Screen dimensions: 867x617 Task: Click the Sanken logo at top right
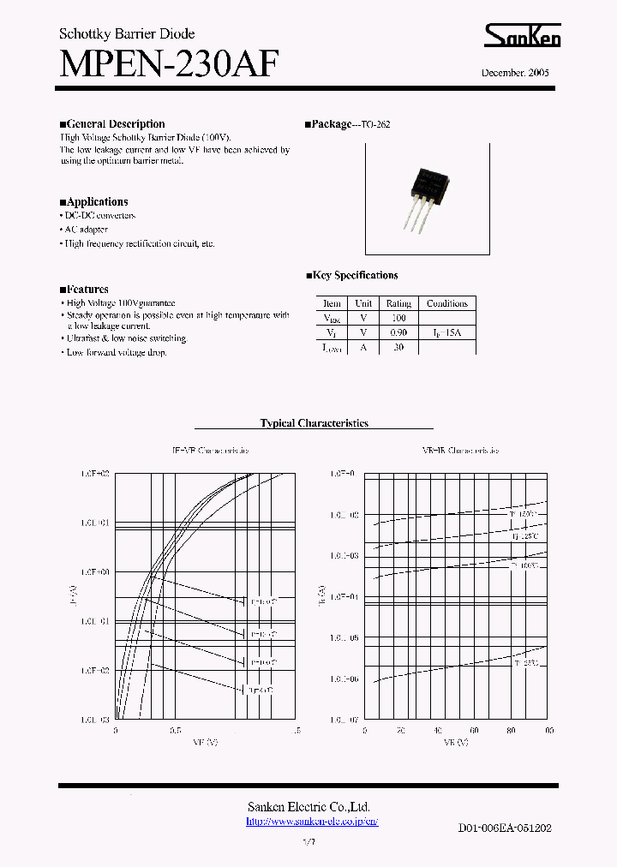pyautogui.click(x=523, y=36)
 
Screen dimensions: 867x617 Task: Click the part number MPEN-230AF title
pyautogui.click(x=169, y=64)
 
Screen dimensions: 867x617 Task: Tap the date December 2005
pyautogui.click(x=515, y=73)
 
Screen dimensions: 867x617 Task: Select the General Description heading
pyautogui.click(x=115, y=124)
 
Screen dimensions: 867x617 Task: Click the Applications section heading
pyautogui.click(x=97, y=202)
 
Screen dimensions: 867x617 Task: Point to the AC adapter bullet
pyautogui.click(x=86, y=230)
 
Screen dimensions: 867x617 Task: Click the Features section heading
pyautogui.click(x=87, y=290)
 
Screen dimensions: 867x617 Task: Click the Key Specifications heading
pyautogui.click(x=355, y=276)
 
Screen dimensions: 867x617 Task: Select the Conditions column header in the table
pyautogui.click(x=446, y=303)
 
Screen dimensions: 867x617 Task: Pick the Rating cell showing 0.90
pyautogui.click(x=398, y=332)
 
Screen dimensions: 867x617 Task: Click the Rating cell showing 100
pyautogui.click(x=398, y=317)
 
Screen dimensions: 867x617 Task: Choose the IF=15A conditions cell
pyautogui.click(x=446, y=332)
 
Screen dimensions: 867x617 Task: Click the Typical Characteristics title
pyautogui.click(x=314, y=423)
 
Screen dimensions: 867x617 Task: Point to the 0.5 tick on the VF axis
pyautogui.click(x=176, y=731)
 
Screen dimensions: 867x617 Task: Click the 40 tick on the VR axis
pyautogui.click(x=438, y=731)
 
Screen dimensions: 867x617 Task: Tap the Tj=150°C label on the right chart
pyautogui.click(x=524, y=514)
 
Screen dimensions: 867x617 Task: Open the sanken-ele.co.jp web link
pyautogui.click(x=312, y=822)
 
